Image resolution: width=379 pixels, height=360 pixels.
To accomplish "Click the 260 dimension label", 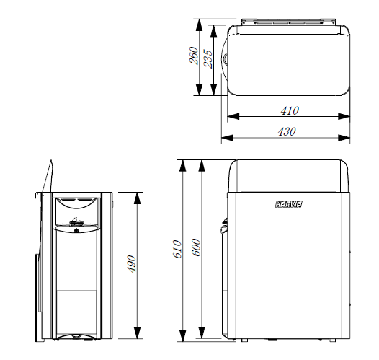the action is point(194,56).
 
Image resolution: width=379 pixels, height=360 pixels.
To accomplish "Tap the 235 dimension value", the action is point(208,58).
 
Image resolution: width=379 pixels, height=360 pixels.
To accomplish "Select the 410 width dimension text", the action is point(290,110).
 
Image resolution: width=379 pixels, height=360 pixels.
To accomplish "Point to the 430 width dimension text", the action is point(287,131).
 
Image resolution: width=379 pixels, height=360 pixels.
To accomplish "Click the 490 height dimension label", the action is point(132,264).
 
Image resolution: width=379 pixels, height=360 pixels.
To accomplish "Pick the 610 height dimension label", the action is point(177,249).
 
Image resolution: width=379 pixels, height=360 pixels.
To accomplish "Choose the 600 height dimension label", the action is point(196,247).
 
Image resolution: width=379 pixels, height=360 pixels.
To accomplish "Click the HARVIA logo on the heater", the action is point(289,204).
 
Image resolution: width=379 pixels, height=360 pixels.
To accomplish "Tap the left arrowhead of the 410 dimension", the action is point(233,116).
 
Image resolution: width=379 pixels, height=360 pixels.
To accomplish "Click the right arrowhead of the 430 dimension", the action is point(344,138).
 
